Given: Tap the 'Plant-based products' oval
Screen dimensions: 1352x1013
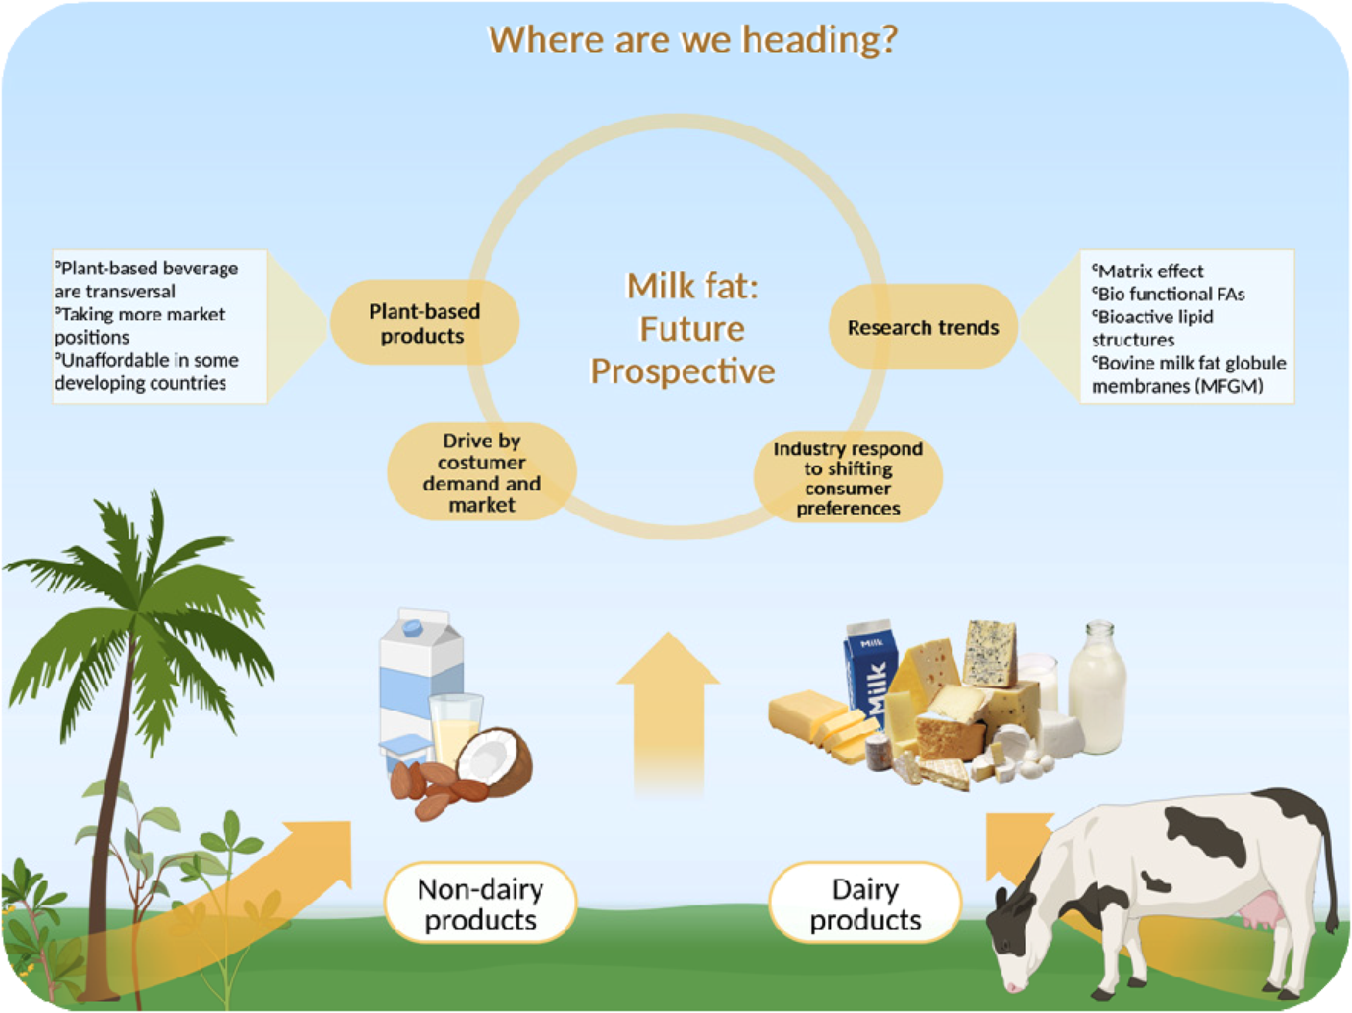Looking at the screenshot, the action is coord(423,323).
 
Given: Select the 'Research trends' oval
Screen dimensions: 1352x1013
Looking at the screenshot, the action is coord(923,327).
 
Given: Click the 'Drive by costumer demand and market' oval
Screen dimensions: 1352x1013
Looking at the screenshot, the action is coord(481,471).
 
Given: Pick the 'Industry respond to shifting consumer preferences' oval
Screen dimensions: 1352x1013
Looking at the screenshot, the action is coord(848,478).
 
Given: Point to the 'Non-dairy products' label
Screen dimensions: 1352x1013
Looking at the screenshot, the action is coord(480,903).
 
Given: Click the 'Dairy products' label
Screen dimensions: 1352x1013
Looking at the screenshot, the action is coord(865,903).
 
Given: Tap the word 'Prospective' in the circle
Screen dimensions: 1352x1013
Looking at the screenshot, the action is coord(683,372).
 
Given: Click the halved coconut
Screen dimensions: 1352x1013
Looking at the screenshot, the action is coord(494,761).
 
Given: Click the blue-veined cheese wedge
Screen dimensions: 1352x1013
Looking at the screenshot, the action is coord(990,653).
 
